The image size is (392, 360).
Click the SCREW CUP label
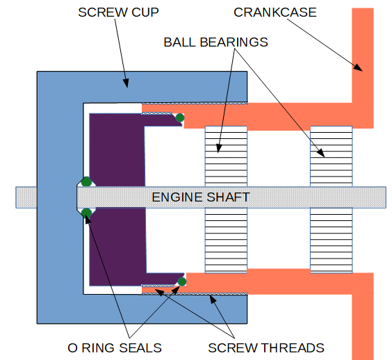click(x=118, y=13)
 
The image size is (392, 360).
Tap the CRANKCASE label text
click(x=275, y=13)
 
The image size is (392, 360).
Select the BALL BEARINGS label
click(x=215, y=42)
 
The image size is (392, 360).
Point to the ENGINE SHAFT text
click(x=201, y=197)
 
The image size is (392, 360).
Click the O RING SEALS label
click(x=115, y=347)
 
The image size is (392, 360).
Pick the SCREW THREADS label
click(x=266, y=347)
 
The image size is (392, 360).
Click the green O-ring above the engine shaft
click(x=86, y=181)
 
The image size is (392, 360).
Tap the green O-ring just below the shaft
click(x=86, y=213)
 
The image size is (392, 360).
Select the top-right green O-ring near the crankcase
click(x=180, y=117)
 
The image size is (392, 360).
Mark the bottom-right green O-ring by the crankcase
click(x=182, y=281)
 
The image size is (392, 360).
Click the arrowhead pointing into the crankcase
click(x=358, y=67)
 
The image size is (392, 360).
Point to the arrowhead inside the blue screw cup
click(x=126, y=83)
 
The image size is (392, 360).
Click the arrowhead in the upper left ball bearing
click(x=219, y=148)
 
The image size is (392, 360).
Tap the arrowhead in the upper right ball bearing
click(x=321, y=153)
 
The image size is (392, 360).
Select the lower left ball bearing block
click(x=226, y=240)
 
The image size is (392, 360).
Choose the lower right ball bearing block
click(x=332, y=240)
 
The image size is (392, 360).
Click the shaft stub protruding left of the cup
click(x=26, y=197)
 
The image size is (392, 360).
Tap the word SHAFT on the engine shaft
click(x=228, y=197)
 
